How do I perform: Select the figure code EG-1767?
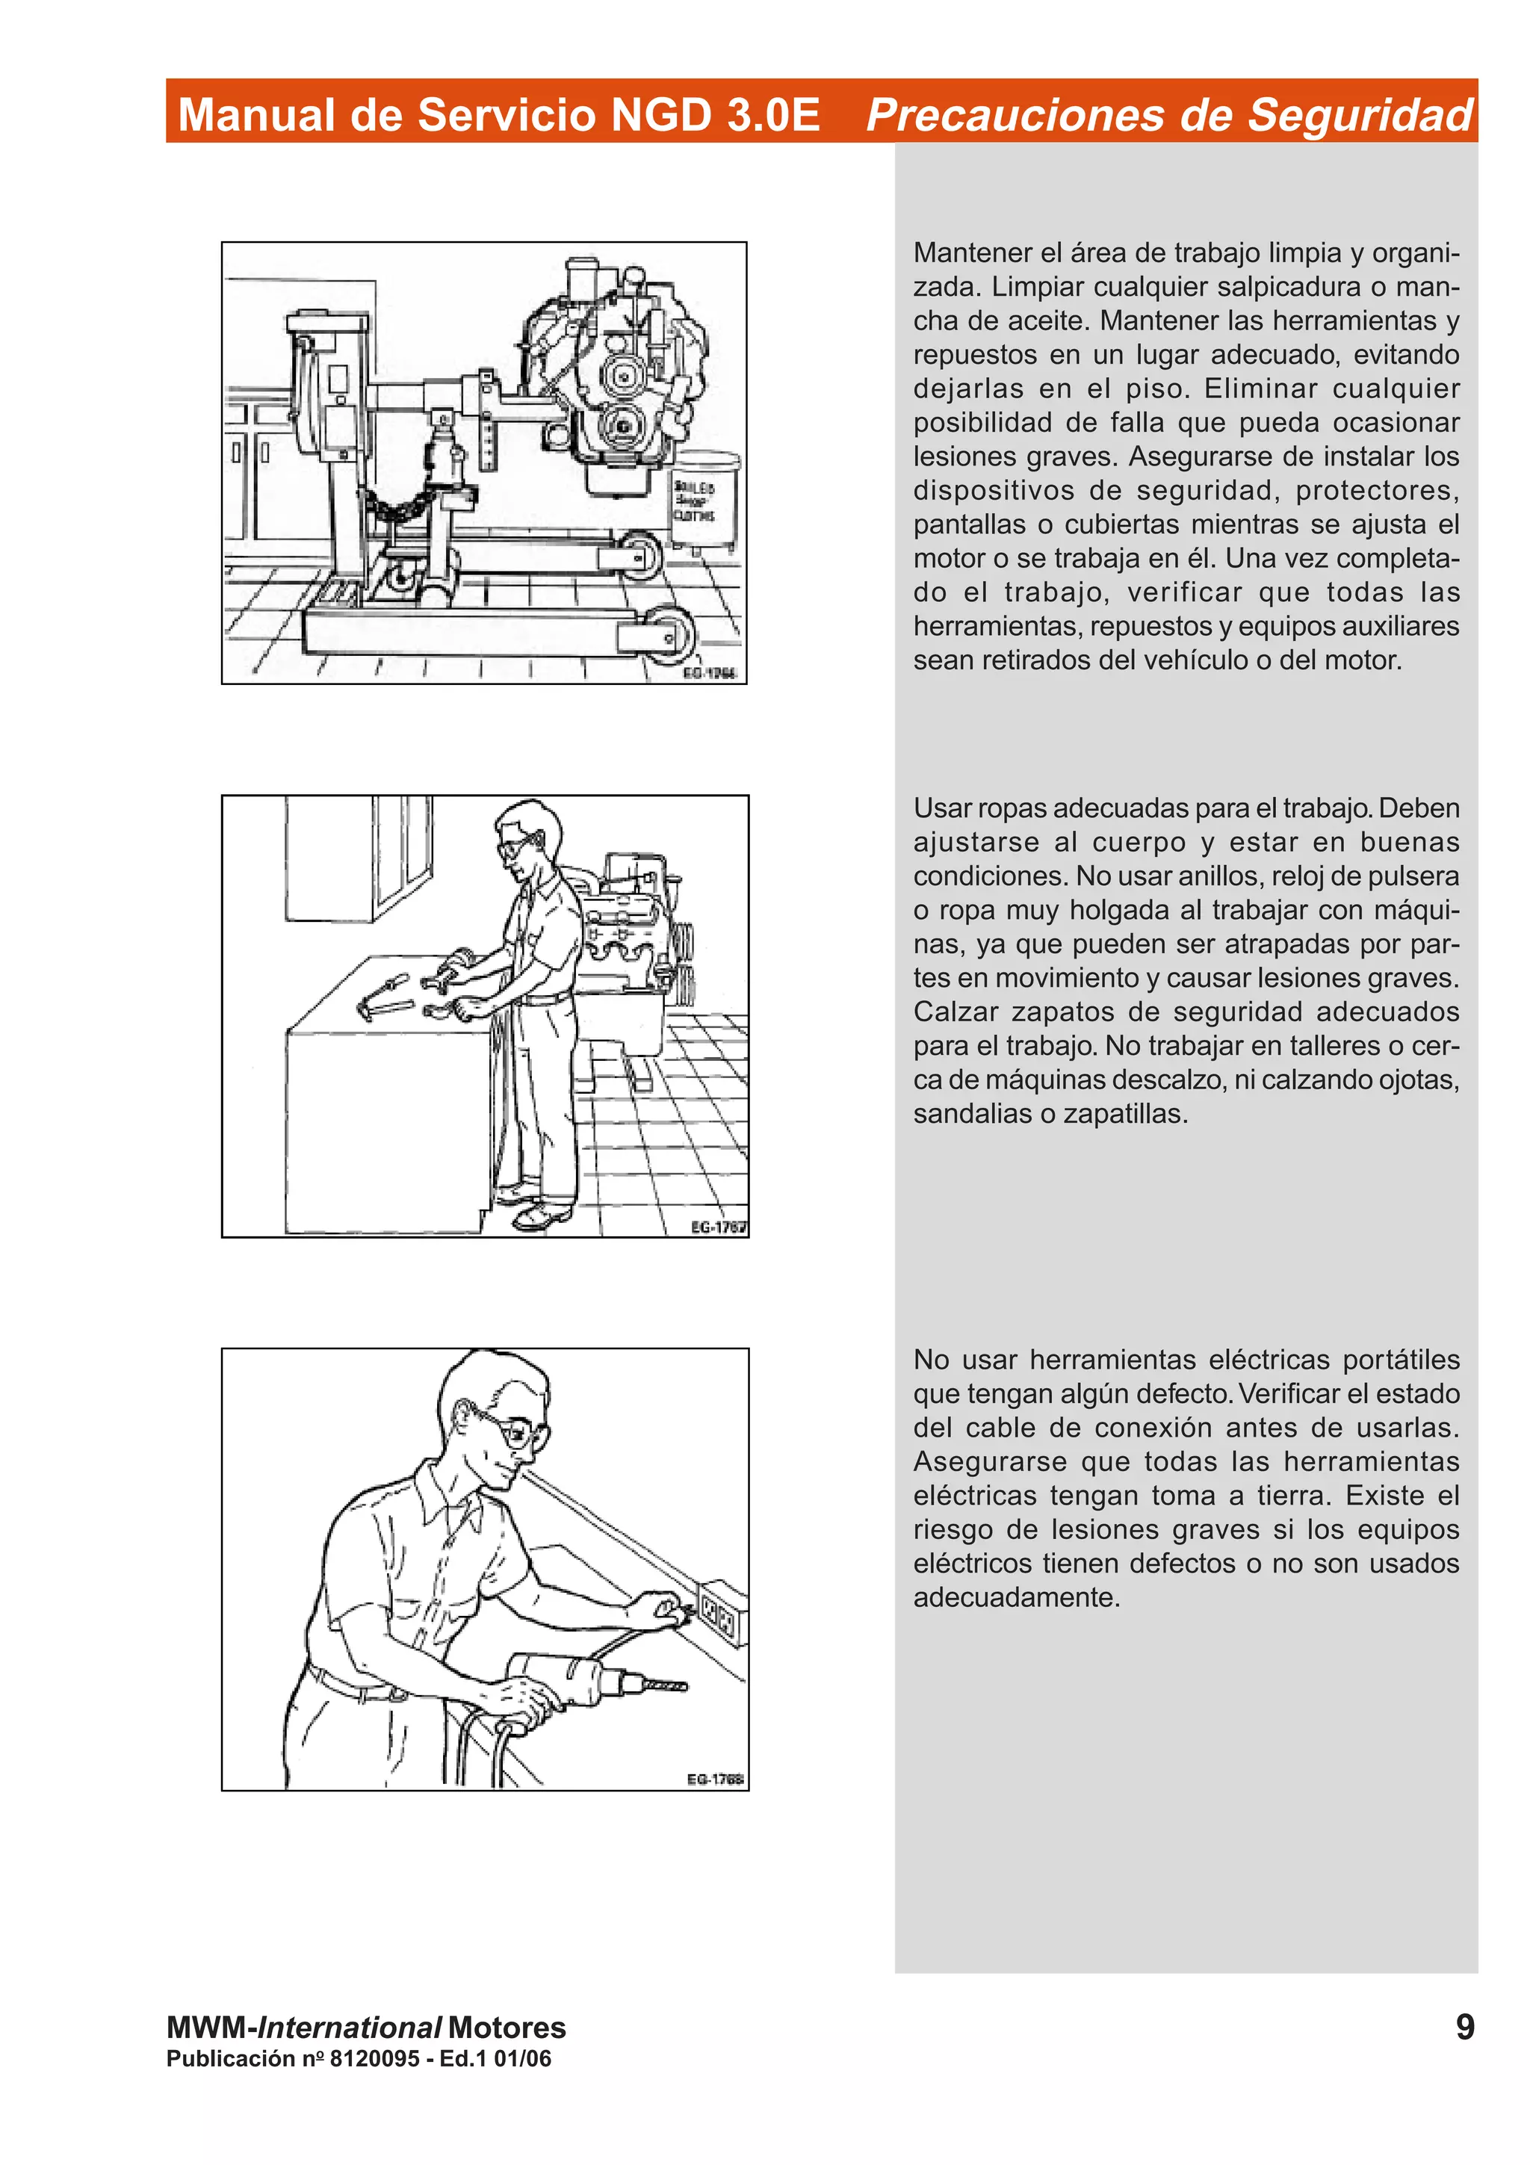point(719,1227)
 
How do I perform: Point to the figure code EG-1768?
point(714,1780)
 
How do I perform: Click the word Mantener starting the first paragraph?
point(971,253)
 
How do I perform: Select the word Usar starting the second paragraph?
point(942,808)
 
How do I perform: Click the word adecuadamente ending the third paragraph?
point(1015,1596)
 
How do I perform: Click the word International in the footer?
point(349,2028)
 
